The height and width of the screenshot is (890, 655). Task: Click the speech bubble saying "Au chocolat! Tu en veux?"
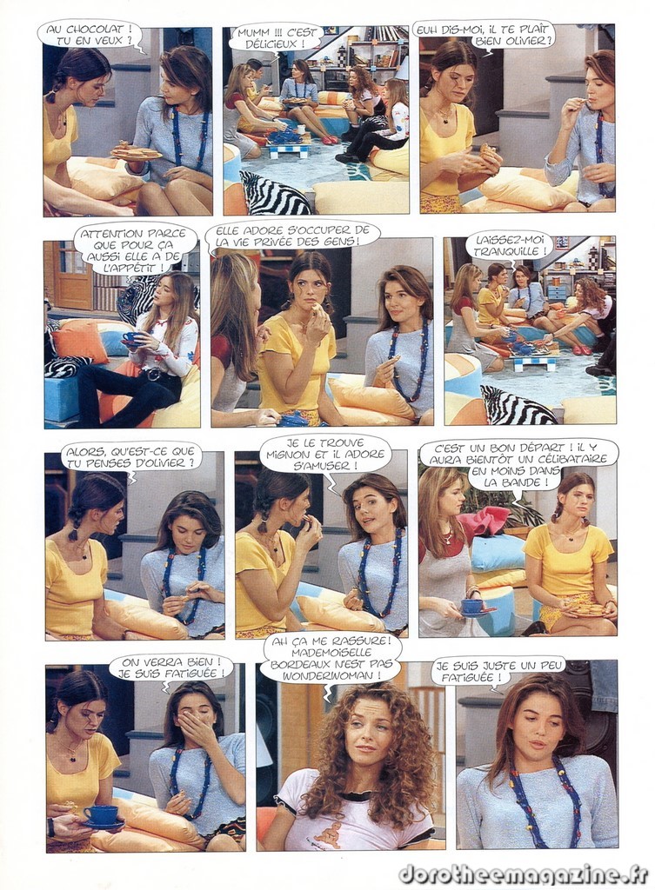click(90, 35)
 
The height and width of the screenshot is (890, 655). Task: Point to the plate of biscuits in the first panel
click(137, 153)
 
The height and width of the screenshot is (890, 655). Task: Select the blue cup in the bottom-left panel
click(102, 815)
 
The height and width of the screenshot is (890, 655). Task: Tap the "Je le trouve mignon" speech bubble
click(330, 454)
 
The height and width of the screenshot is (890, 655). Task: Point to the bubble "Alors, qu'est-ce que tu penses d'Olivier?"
click(130, 457)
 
